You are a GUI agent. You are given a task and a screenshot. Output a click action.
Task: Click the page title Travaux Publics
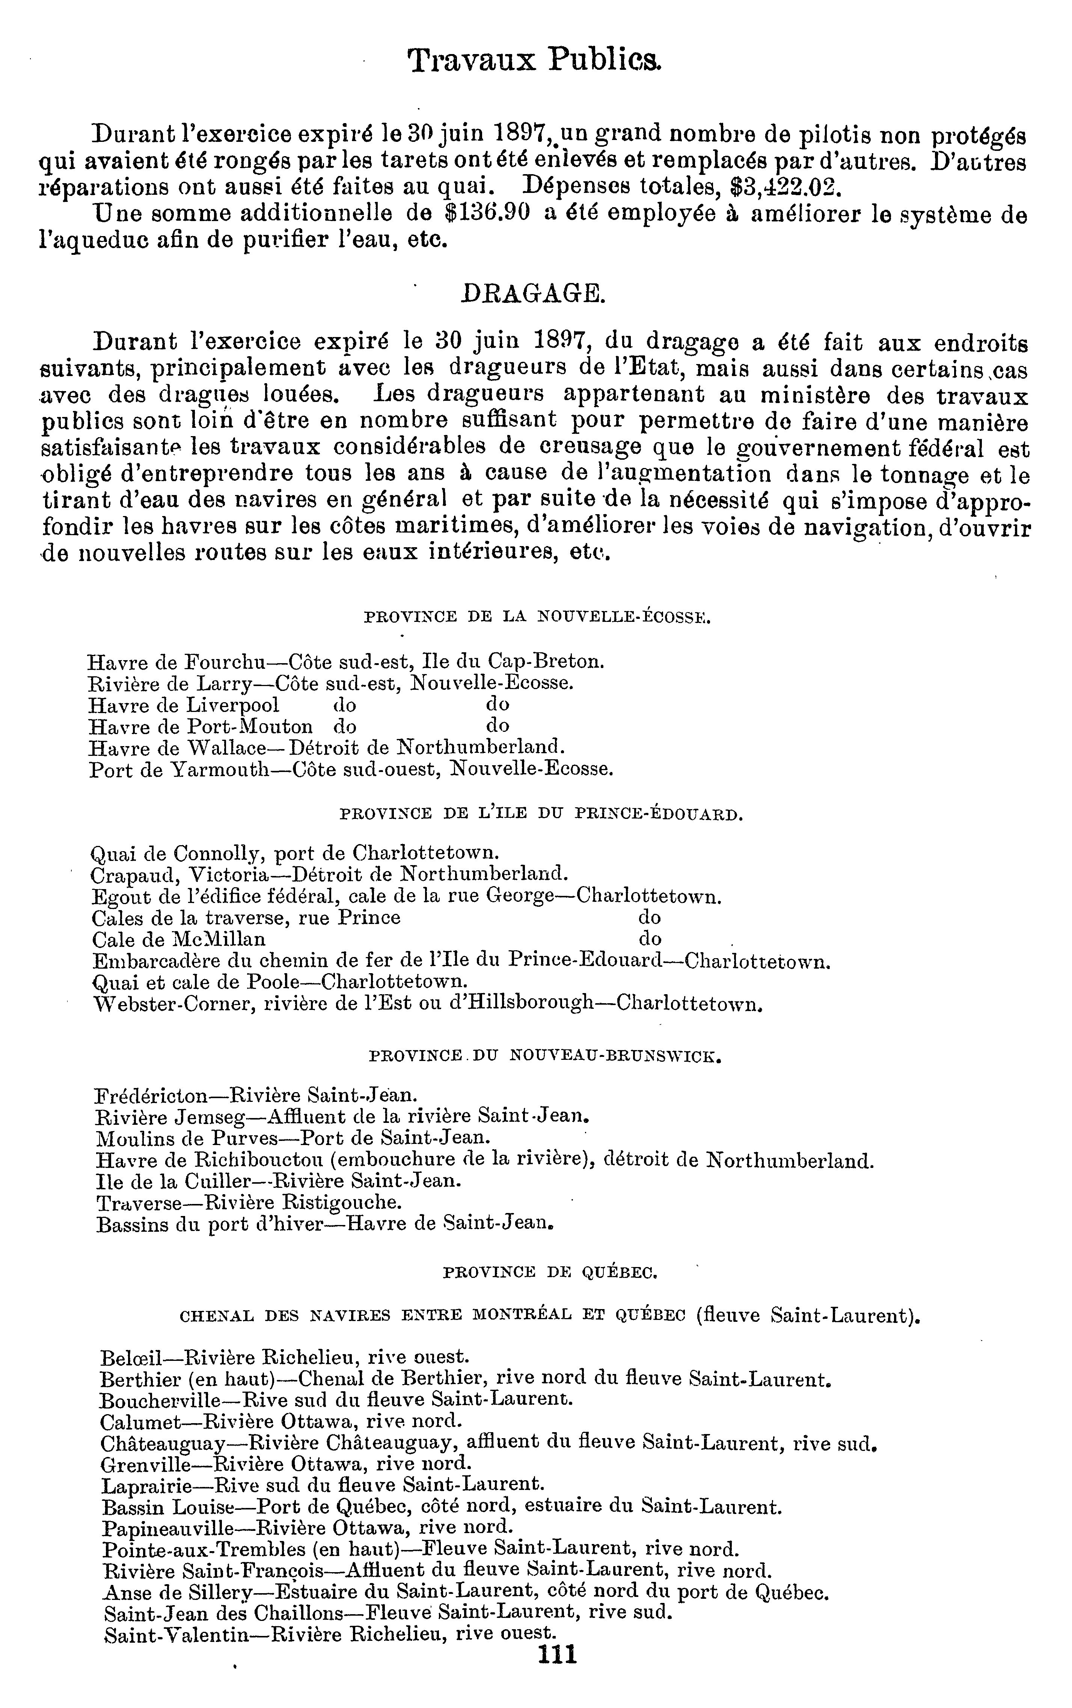[x=535, y=62]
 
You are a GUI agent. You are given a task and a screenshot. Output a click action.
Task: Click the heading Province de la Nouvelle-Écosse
[x=537, y=617]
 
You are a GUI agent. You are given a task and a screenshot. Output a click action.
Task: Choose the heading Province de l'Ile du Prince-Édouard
[x=542, y=814]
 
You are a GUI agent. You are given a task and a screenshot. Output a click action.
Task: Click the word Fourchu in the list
[x=225, y=663]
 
